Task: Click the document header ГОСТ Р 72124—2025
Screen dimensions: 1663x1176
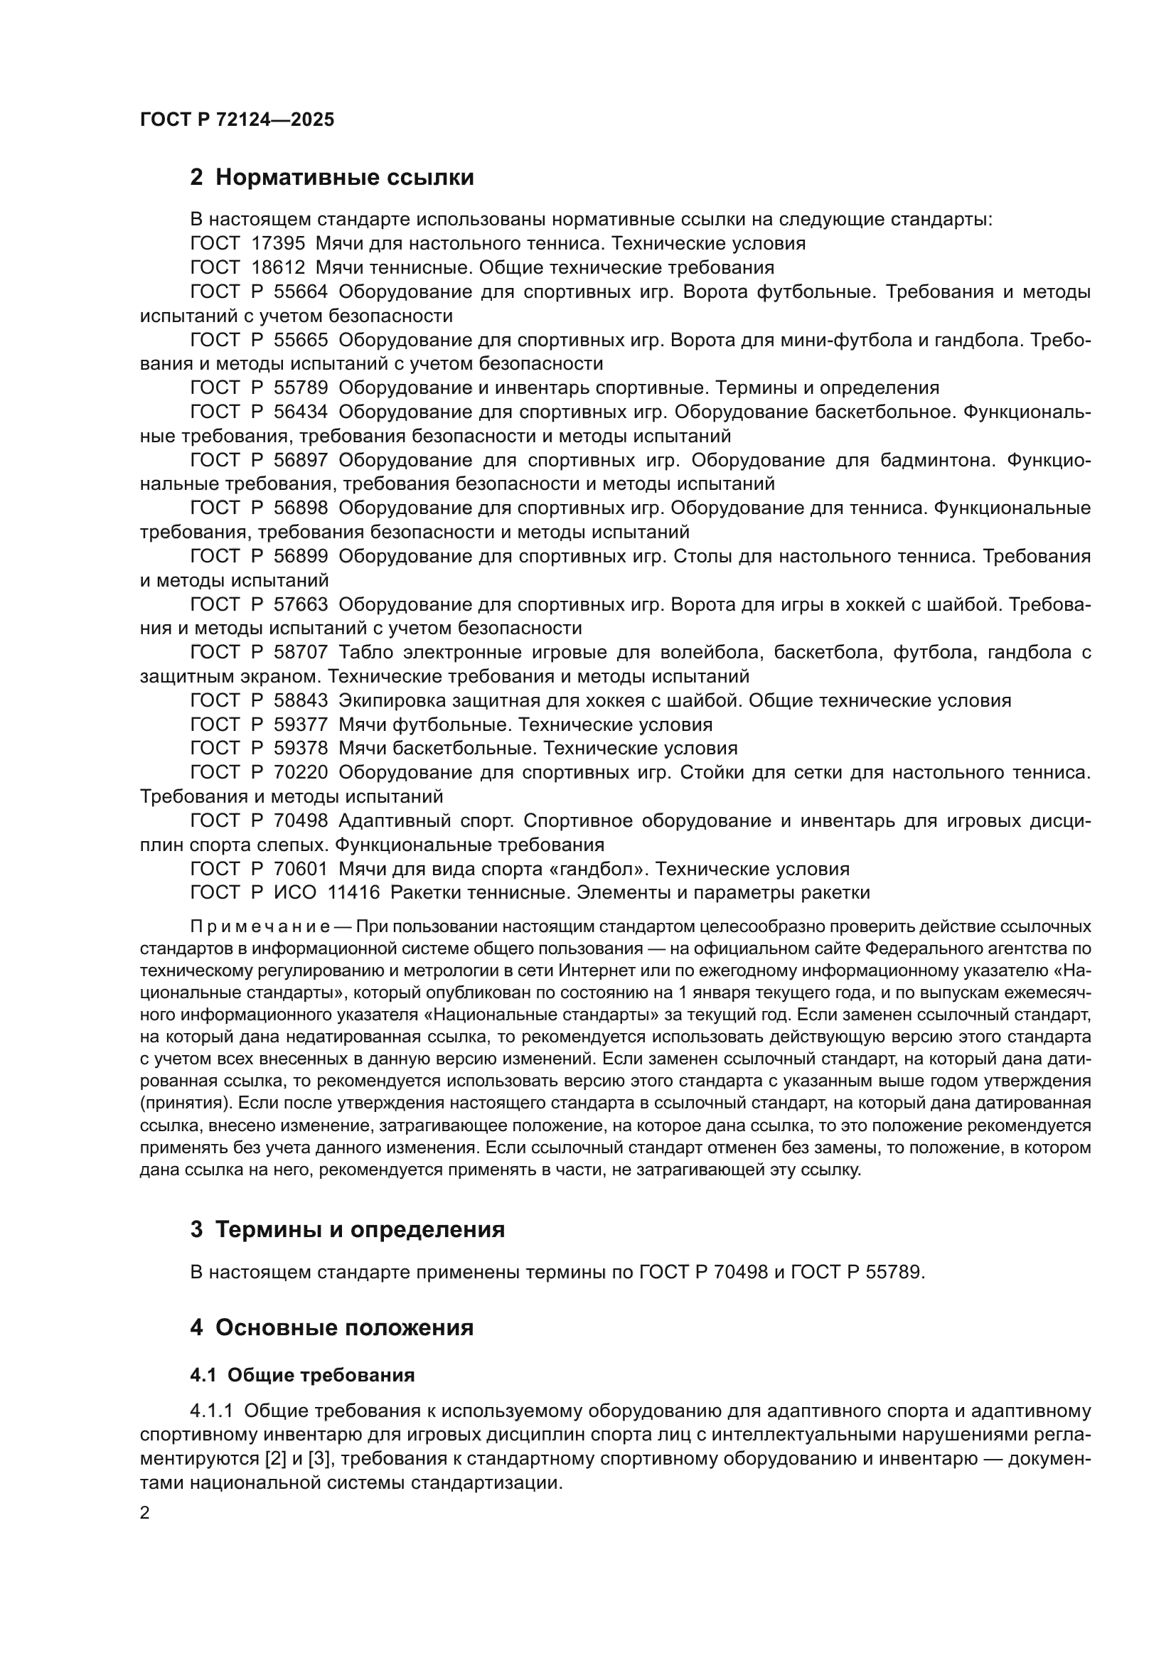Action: (x=237, y=120)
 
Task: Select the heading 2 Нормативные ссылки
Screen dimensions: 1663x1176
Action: (x=331, y=177)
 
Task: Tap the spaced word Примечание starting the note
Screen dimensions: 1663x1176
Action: (x=260, y=927)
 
